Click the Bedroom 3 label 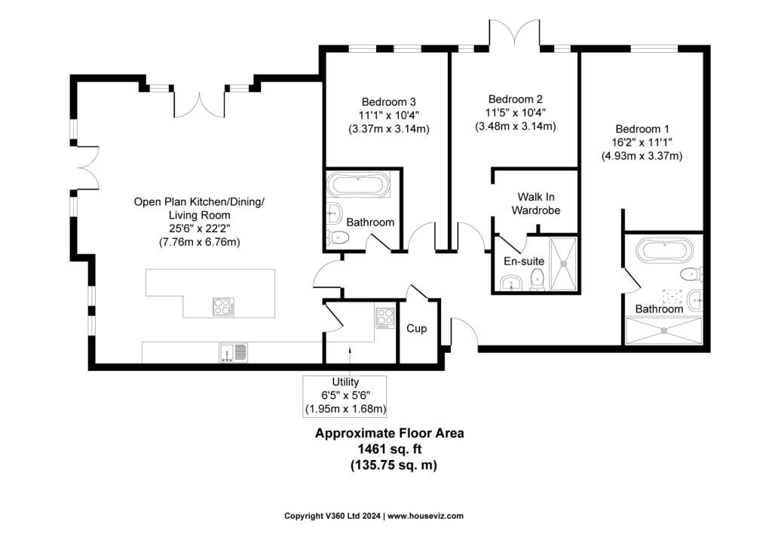coord(388,102)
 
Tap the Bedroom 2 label coord(515,99)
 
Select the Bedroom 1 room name coord(641,129)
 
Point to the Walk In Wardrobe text coord(536,204)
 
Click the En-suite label coord(523,261)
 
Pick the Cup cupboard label coord(416,329)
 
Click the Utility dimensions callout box coord(345,396)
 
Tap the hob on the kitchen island coord(223,306)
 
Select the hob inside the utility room coord(384,318)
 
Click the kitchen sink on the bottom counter coord(233,352)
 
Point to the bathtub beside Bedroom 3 coord(358,185)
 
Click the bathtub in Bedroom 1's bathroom coord(663,250)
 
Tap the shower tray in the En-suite coord(565,264)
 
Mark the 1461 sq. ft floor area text coord(389,449)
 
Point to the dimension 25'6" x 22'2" coord(200,229)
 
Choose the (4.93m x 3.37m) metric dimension coord(641,156)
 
